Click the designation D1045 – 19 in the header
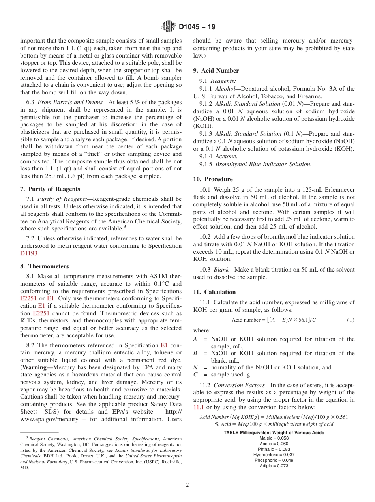coord(197,27)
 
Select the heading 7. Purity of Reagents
coord(50,189)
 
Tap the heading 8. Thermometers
coord(44,266)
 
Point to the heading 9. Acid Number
coord(216,71)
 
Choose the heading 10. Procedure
coord(213,179)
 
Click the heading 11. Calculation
coord(214,292)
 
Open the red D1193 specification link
coord(29,253)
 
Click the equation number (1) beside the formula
coord(351,320)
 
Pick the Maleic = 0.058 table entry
coord(274,438)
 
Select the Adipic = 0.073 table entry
coord(274,466)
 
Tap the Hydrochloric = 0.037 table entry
coord(274,455)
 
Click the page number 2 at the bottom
coord(187,485)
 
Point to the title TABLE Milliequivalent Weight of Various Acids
coord(274,433)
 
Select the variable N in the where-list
coord(195,367)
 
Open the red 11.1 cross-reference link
coord(199,407)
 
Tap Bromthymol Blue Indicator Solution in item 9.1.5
coord(263,164)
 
